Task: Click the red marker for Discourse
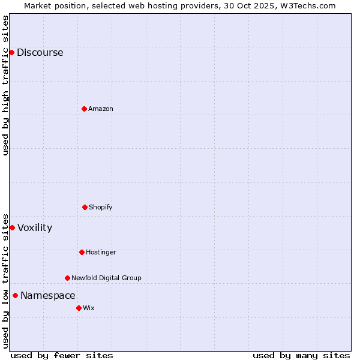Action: [11, 52]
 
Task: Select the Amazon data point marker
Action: [84, 109]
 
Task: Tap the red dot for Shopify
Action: [85, 207]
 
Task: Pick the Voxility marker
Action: [12, 227]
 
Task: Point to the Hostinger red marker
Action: [82, 252]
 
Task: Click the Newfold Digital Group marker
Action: [67, 278]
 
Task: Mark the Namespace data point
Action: [15, 295]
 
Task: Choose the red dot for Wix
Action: [79, 308]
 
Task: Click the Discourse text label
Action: [40, 52]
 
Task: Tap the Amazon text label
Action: [101, 109]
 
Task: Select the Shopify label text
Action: [101, 207]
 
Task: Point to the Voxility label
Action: [35, 227]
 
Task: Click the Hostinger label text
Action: [101, 252]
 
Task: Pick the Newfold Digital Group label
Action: [106, 278]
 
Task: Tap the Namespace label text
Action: [48, 295]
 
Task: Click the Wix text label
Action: [89, 308]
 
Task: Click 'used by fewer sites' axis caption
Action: [62, 355]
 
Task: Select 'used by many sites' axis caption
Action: [301, 355]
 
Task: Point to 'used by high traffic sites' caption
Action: [5, 85]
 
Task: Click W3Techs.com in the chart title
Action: [307, 5]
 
